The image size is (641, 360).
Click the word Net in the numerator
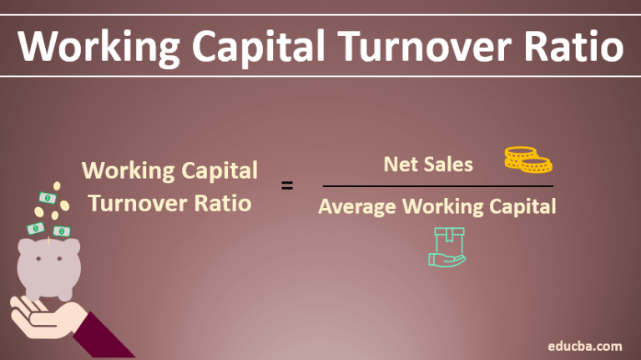(x=399, y=165)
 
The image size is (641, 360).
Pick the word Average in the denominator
(x=357, y=205)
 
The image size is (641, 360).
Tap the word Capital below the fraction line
(x=522, y=205)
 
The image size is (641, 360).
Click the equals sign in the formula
(x=288, y=186)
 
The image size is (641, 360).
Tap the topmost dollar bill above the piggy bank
(x=48, y=200)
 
